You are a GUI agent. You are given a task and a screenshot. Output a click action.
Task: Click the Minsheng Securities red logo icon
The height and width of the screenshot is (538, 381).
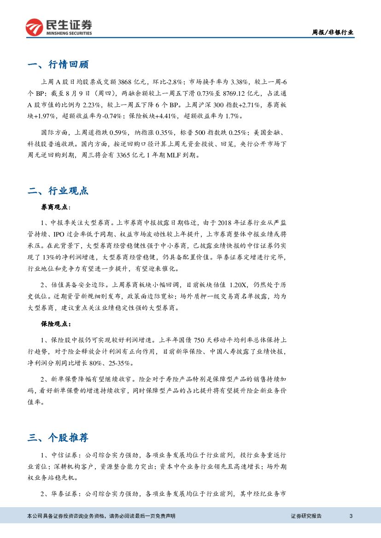(x=34, y=27)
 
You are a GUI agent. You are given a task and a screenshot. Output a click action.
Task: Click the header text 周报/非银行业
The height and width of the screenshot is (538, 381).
(x=333, y=32)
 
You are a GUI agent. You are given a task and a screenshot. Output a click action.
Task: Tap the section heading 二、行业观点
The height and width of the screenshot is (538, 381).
(x=58, y=191)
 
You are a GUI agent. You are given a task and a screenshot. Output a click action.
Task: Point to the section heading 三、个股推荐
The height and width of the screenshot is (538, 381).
(x=58, y=437)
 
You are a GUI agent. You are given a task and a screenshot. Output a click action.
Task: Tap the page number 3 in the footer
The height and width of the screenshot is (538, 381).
(x=351, y=516)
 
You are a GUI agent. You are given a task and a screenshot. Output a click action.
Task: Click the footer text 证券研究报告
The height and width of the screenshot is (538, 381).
(x=306, y=516)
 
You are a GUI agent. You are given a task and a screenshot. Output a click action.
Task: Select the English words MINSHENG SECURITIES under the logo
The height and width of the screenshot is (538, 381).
(x=69, y=33)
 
